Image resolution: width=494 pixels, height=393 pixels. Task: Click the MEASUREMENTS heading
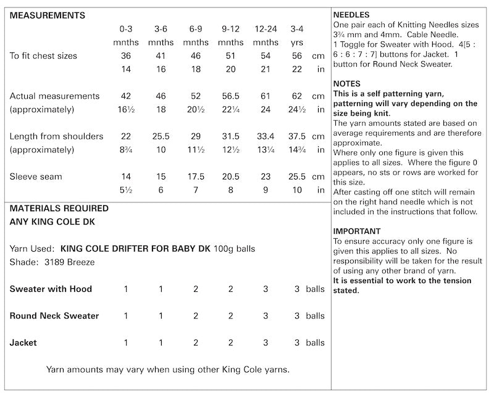pos(48,15)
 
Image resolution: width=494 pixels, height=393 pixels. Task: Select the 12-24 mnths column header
pos(266,36)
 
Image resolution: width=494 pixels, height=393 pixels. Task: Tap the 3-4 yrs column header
pos(297,36)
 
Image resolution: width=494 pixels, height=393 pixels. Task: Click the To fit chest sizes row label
pos(44,56)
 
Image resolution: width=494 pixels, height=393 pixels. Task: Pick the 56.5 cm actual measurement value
pos(230,96)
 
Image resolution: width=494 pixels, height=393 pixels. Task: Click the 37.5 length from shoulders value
pos(297,136)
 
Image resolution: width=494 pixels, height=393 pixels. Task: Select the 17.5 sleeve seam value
pos(196,176)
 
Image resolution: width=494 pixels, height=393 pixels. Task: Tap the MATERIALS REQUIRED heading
pos(59,209)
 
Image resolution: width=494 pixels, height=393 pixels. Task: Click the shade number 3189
pos(52,262)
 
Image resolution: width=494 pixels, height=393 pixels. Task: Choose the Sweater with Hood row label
pos(51,289)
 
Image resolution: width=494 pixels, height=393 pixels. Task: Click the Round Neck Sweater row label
pos(54,316)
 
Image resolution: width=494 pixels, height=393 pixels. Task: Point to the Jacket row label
pos(23,342)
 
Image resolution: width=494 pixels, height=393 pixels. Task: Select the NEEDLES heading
pos(351,14)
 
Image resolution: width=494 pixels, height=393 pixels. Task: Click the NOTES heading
pos(346,83)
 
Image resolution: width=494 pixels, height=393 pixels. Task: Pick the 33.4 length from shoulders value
pos(266,136)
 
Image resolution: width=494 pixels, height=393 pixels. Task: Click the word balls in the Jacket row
pos(315,342)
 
